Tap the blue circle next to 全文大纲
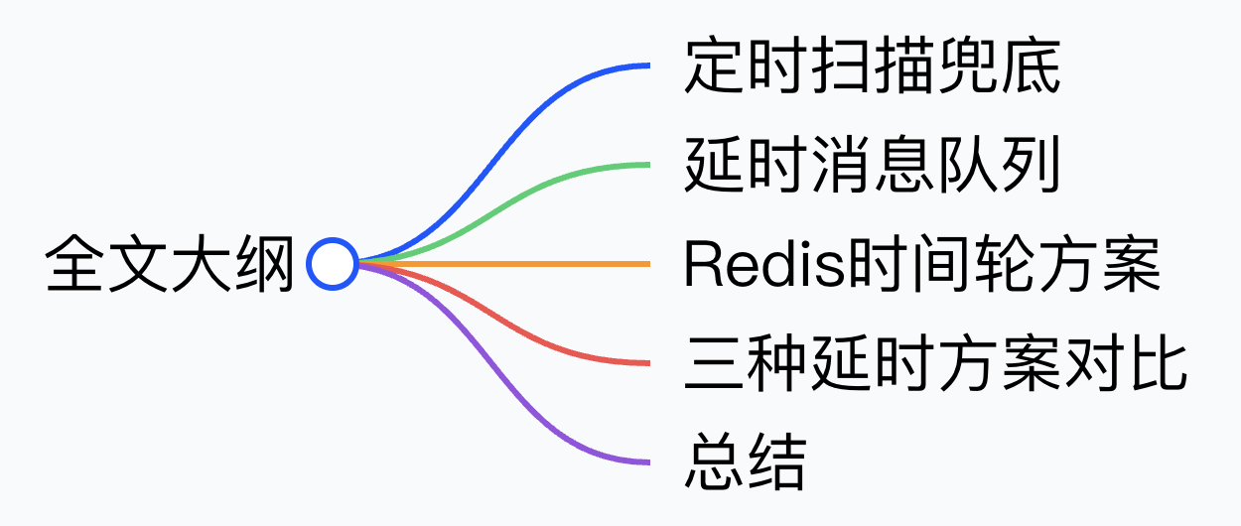(332, 264)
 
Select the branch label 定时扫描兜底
(872, 66)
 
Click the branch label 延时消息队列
(872, 165)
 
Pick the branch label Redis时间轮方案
(921, 264)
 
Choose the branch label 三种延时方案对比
(935, 363)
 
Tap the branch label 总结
(745, 462)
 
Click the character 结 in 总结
(776, 462)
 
